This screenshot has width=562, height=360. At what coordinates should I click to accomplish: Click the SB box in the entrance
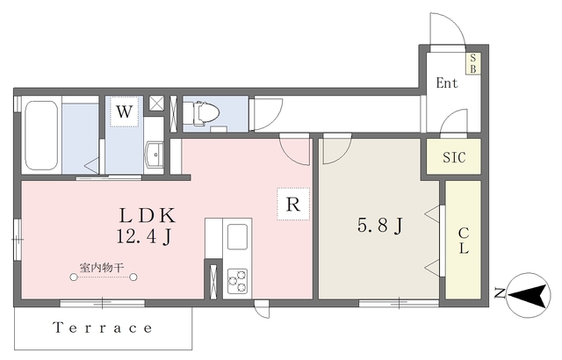coord(473,63)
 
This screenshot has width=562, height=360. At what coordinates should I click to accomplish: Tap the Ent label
coord(447,83)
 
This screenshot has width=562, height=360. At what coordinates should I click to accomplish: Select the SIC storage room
coord(454,156)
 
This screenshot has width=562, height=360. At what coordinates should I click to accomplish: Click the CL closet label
coord(464,241)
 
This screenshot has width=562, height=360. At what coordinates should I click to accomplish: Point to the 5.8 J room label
coord(380,226)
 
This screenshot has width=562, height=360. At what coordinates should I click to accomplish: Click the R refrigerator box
coord(293,204)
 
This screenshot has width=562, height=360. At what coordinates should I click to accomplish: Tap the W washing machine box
coord(124,112)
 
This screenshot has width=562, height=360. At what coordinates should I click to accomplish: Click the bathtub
coord(41,135)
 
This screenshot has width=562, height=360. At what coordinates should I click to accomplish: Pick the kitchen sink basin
coord(237,237)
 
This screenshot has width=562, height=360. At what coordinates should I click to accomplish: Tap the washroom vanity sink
coord(154,155)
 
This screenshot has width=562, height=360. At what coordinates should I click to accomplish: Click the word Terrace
coord(103,328)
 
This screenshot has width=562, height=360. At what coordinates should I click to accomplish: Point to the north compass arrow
coord(529,295)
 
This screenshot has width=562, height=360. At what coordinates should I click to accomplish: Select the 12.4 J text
coord(144,236)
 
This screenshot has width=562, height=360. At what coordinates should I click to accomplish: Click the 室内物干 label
coord(102,267)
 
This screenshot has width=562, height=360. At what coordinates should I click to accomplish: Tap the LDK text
coord(148,216)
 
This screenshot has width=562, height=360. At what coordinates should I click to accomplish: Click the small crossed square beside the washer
coord(156,103)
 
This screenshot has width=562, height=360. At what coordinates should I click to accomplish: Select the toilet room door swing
coord(268,114)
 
